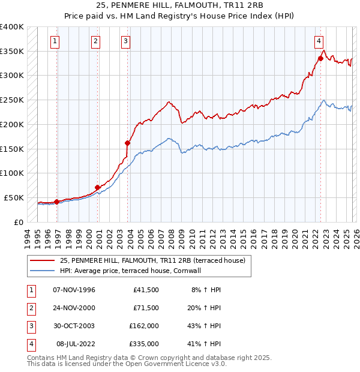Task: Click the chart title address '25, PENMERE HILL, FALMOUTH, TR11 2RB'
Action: (179, 5)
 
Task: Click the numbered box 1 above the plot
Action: (55, 41)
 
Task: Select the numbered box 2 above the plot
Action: (95, 41)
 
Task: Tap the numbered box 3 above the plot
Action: (125, 41)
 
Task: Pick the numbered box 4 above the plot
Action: (319, 41)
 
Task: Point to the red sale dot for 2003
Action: (127, 143)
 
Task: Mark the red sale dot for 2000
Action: (97, 187)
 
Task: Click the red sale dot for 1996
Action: (56, 202)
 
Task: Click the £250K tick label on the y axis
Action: (12, 100)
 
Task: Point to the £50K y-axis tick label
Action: (14, 197)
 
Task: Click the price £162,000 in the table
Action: (144, 326)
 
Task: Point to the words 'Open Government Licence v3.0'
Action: (175, 364)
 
